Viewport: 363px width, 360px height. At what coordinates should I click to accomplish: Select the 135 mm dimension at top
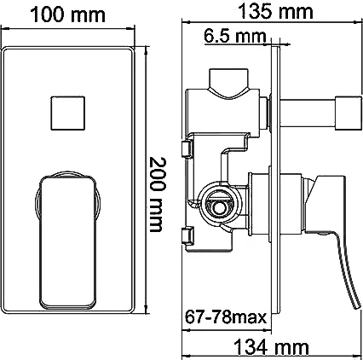(271, 12)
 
